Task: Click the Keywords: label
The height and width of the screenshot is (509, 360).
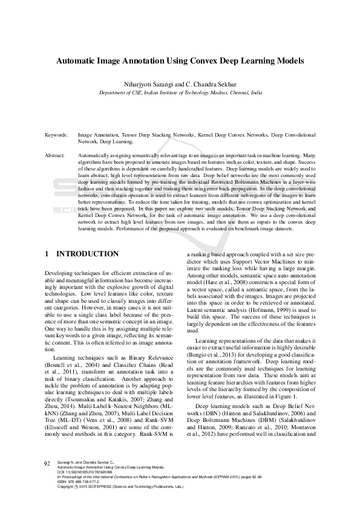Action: point(56,136)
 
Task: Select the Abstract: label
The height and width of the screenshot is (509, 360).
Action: point(55,155)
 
